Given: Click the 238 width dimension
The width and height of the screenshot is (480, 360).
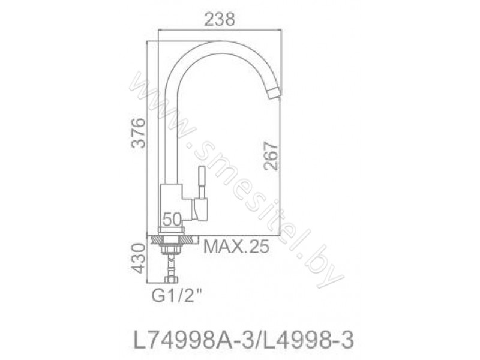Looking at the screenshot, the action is pyautogui.click(x=220, y=20).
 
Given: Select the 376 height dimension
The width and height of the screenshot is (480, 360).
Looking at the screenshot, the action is pyautogui.click(x=138, y=133).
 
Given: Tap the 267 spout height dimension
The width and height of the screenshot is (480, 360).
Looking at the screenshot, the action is pyautogui.click(x=272, y=155).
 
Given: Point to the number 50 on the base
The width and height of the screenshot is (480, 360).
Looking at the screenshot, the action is pyautogui.click(x=172, y=219).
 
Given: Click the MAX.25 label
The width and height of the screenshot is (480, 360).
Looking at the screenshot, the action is pyautogui.click(x=236, y=247).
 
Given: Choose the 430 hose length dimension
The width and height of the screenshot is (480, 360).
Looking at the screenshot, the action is pyautogui.click(x=138, y=259).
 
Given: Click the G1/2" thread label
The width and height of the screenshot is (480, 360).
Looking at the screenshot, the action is pyautogui.click(x=177, y=296).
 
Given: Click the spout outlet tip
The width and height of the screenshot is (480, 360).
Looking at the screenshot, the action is pyautogui.click(x=275, y=93).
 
